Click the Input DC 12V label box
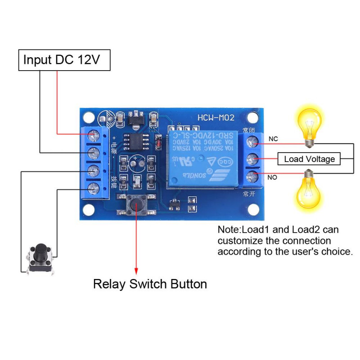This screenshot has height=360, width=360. point(64,60)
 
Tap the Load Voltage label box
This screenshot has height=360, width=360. point(310,159)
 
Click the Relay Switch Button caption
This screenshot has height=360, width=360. point(150,284)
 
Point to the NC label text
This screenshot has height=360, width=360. point(273,139)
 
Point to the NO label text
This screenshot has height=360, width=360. point(273,178)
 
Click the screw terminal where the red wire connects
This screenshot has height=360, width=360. point(94,134)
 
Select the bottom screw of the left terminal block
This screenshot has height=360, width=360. point(94,188)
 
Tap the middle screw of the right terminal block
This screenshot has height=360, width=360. point(253,158)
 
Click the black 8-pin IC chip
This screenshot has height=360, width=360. point(134,141)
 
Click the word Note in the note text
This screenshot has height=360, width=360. point(228,229)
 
